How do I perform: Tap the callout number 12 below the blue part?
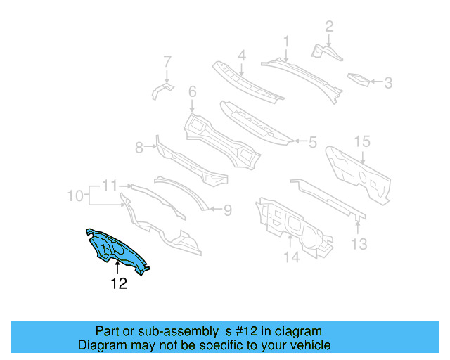click(118, 284)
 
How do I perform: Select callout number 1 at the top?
click(286, 41)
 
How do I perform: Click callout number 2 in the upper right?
click(328, 27)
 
